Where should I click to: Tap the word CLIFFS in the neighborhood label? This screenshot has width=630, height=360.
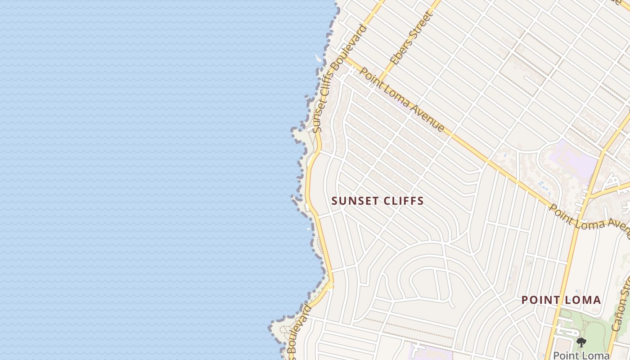tap(401, 201)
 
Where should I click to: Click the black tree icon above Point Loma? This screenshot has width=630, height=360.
tap(581, 342)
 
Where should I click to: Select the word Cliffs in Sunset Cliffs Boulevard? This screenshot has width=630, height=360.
tap(331, 84)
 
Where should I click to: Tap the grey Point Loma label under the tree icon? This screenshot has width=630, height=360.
tap(581, 355)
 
